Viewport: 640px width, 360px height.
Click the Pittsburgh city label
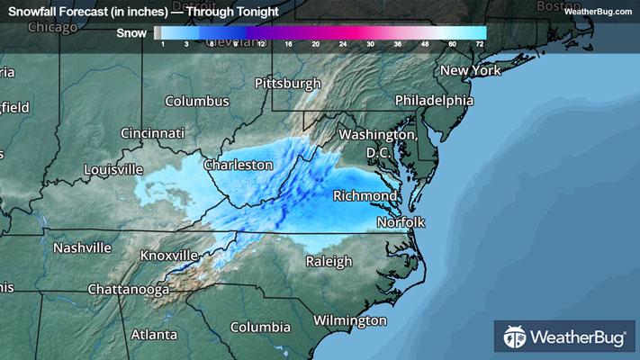[x=288, y=84]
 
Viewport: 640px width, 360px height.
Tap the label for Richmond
[x=365, y=195]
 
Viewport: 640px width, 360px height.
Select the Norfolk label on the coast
[x=401, y=221]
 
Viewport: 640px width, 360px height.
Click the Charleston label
[x=238, y=166]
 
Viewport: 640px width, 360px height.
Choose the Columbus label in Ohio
[x=196, y=101]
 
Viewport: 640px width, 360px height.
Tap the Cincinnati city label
[x=153, y=133]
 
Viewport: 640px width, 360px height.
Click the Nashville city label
[x=82, y=247]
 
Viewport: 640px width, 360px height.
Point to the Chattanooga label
[x=129, y=290]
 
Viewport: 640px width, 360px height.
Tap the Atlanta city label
[x=154, y=334]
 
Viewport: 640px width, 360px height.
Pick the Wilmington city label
[x=350, y=320]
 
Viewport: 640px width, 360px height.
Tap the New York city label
[x=470, y=70]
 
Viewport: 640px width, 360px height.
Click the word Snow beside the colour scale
[x=132, y=34]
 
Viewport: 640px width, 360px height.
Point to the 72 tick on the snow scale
[x=480, y=44]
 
